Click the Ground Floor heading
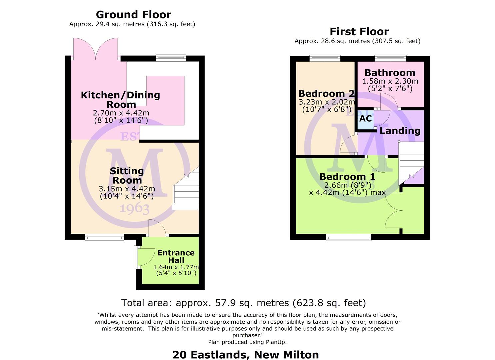click(x=133, y=15)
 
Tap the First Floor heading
click(x=359, y=32)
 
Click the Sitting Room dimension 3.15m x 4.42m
click(x=127, y=189)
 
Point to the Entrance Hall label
click(x=176, y=256)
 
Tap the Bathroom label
click(x=390, y=73)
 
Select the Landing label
click(x=400, y=131)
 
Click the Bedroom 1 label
click(x=347, y=177)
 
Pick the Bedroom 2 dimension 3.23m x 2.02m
click(x=327, y=102)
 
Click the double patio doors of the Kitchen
click(x=96, y=49)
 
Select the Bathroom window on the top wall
click(x=390, y=58)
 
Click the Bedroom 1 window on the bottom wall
click(x=349, y=238)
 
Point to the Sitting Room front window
click(x=105, y=238)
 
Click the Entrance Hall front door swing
click(x=146, y=257)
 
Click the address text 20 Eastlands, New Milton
click(x=246, y=355)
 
